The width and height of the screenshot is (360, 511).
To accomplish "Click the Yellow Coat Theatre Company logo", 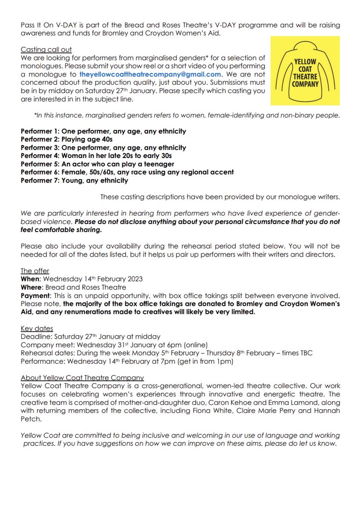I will tap(305, 71).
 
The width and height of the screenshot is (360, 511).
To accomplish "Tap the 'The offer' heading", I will tap(35, 271).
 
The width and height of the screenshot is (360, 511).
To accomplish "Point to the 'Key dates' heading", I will tap(37, 329).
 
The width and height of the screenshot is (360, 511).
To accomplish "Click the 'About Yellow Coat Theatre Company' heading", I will tap(82, 378).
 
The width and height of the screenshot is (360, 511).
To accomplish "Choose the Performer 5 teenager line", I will tap(97, 164).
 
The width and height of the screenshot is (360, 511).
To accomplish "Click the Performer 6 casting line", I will tap(127, 172).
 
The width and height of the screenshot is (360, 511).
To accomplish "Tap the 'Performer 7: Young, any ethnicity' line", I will tap(74, 180).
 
